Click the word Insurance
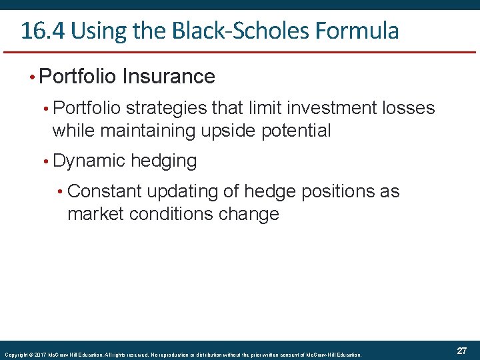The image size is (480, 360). click(169, 77)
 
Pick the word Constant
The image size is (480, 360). click(105, 191)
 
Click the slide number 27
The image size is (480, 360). click(461, 351)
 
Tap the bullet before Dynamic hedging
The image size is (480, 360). click(44, 161)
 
